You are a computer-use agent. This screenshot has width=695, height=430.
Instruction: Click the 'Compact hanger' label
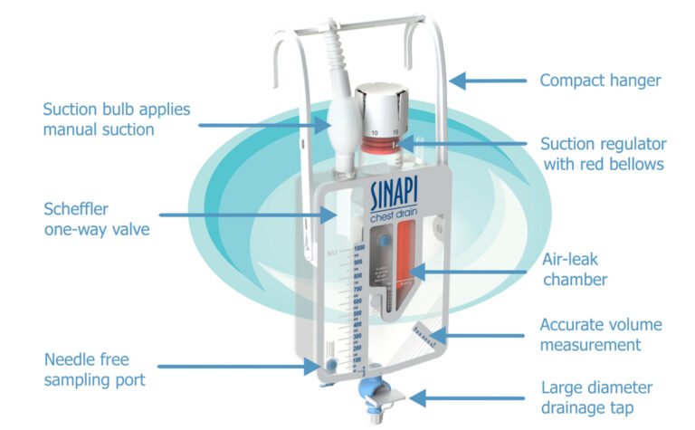point(600,81)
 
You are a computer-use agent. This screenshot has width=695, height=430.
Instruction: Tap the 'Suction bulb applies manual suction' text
point(116,119)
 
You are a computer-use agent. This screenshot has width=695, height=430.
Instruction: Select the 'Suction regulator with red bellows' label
point(603,154)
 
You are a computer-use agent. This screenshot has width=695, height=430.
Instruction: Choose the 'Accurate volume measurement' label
point(601,334)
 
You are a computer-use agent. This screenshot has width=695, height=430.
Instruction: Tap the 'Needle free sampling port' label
point(96,369)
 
